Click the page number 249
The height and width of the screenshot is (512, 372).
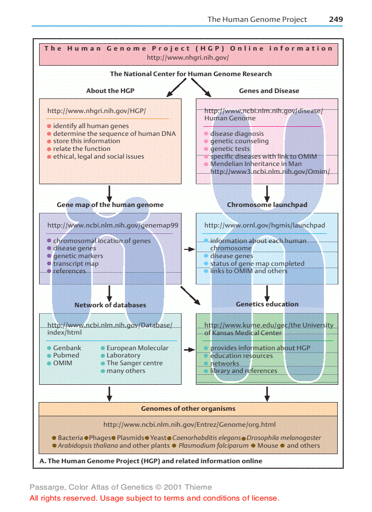[336, 19]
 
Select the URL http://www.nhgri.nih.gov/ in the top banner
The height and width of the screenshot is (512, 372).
[188, 58]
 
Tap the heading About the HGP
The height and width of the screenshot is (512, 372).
[110, 91]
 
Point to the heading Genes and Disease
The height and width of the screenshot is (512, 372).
[269, 91]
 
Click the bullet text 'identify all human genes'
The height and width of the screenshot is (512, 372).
[91, 126]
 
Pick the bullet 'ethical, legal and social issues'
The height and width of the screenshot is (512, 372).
[98, 156]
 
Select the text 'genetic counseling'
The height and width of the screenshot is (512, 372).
[239, 141]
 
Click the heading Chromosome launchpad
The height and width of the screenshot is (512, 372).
[267, 205]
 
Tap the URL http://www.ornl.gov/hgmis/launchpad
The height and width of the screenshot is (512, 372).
[264, 225]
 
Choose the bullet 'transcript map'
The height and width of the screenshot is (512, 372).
[76, 264]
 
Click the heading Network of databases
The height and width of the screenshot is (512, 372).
[110, 305]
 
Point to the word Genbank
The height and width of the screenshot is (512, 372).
[67, 348]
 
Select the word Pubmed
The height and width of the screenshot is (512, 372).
[66, 356]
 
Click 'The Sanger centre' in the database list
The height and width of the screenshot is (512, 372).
[134, 363]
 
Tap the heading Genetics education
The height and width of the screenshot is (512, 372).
[267, 304]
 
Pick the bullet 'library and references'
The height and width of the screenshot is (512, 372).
[243, 371]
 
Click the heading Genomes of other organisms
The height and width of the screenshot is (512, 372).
[188, 409]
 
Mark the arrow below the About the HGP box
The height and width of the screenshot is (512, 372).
[109, 193]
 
